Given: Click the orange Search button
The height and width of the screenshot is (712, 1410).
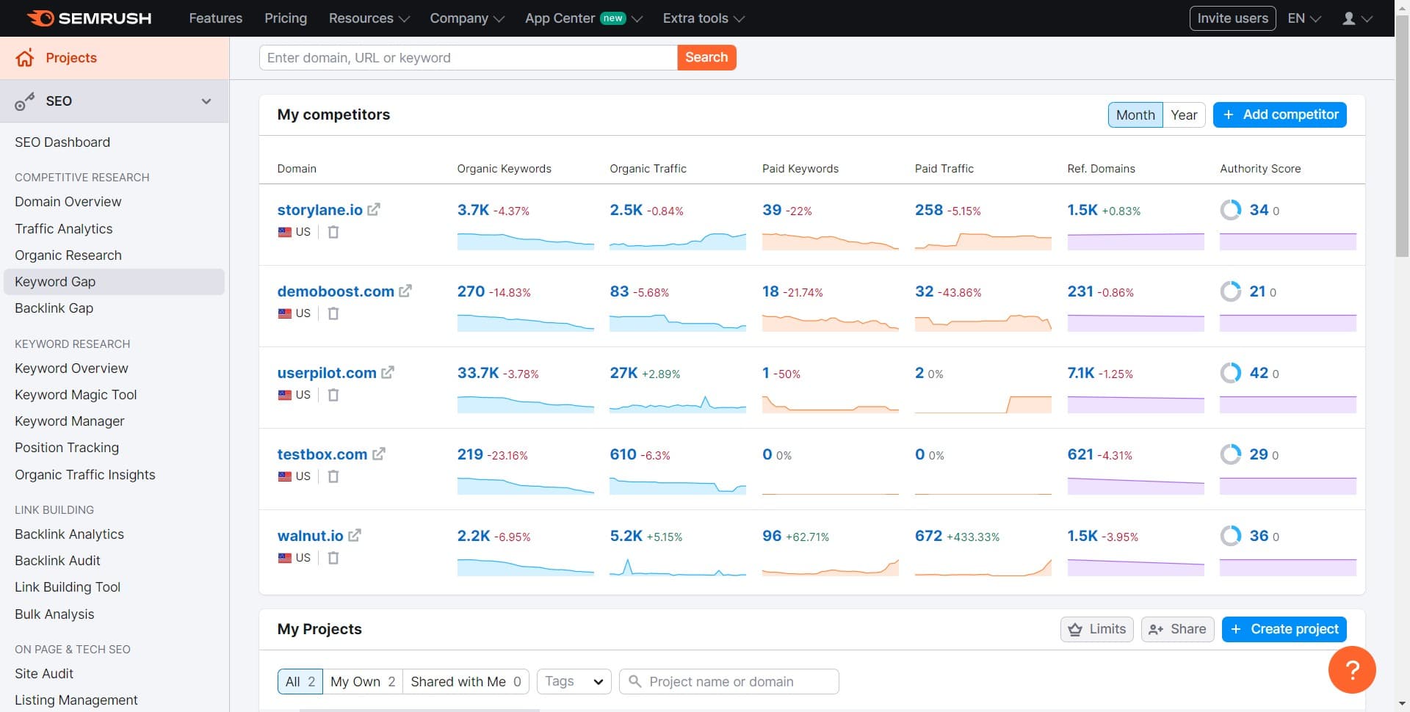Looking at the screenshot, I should click(706, 57).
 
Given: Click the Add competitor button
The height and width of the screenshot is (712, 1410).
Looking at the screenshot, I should click(1279, 115).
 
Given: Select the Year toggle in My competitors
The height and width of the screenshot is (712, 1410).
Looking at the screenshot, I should click(1183, 115).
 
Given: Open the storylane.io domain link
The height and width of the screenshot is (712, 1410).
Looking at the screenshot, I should click(319, 210).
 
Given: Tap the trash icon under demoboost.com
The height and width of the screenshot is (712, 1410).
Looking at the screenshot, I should click(333, 313).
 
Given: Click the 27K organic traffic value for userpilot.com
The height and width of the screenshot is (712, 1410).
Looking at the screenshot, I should click(623, 373).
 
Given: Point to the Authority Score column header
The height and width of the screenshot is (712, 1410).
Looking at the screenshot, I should click(1259, 169).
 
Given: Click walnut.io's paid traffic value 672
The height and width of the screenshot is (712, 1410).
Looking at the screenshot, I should click(928, 536).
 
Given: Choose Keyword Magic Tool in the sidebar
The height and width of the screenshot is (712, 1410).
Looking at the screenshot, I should click(76, 395).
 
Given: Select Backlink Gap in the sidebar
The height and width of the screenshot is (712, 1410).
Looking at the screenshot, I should click(54, 308).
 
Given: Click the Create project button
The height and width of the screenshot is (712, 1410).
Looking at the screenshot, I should click(1284, 629).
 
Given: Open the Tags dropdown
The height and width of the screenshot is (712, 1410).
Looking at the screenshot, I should click(574, 681).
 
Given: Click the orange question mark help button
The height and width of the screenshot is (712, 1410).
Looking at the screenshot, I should click(1351, 669).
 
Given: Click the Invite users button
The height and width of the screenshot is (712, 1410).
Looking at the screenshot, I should click(1232, 18).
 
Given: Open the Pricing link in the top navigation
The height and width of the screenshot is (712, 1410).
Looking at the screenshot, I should click(286, 18).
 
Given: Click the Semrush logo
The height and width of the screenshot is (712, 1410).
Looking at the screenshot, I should click(90, 18).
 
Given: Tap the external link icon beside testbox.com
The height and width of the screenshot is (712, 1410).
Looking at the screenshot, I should click(379, 454).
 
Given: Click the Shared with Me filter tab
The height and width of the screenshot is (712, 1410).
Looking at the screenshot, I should click(465, 681).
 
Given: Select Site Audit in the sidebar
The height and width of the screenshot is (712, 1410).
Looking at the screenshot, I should click(44, 673).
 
